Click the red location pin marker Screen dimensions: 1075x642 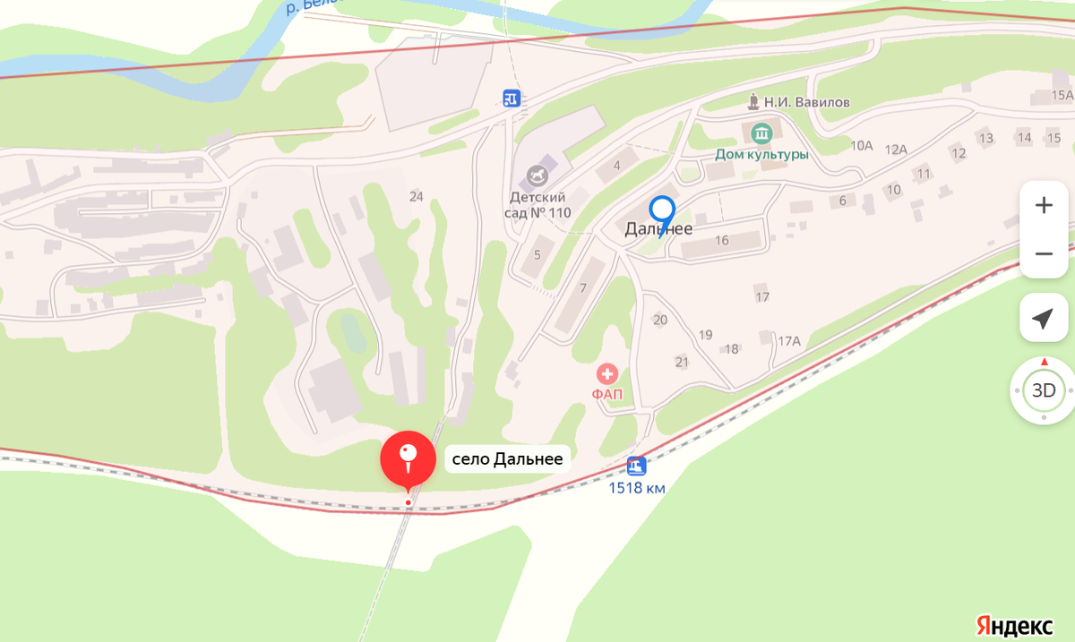pos(408,458)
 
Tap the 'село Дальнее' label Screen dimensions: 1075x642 pos(508,460)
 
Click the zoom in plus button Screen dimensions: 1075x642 pos(1044,205)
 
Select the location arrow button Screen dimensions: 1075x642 pos(1044,319)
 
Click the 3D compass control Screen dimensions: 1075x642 pos(1044,390)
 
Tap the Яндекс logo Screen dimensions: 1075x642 pos(1014,624)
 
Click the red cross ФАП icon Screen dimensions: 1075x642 pos(607,373)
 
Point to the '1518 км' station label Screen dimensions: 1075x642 pos(637,488)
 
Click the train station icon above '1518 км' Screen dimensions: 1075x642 pos(636,466)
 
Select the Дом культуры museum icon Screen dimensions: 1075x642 pos(761,134)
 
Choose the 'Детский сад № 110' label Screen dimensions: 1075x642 pos(537,204)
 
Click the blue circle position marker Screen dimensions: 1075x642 pos(662,210)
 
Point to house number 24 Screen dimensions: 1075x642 pos(416,196)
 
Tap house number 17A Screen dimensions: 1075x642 pos(788,341)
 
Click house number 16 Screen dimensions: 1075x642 pos(722,240)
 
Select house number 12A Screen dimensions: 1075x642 pos(896,150)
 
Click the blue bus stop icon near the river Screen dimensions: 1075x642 pos(511,98)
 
